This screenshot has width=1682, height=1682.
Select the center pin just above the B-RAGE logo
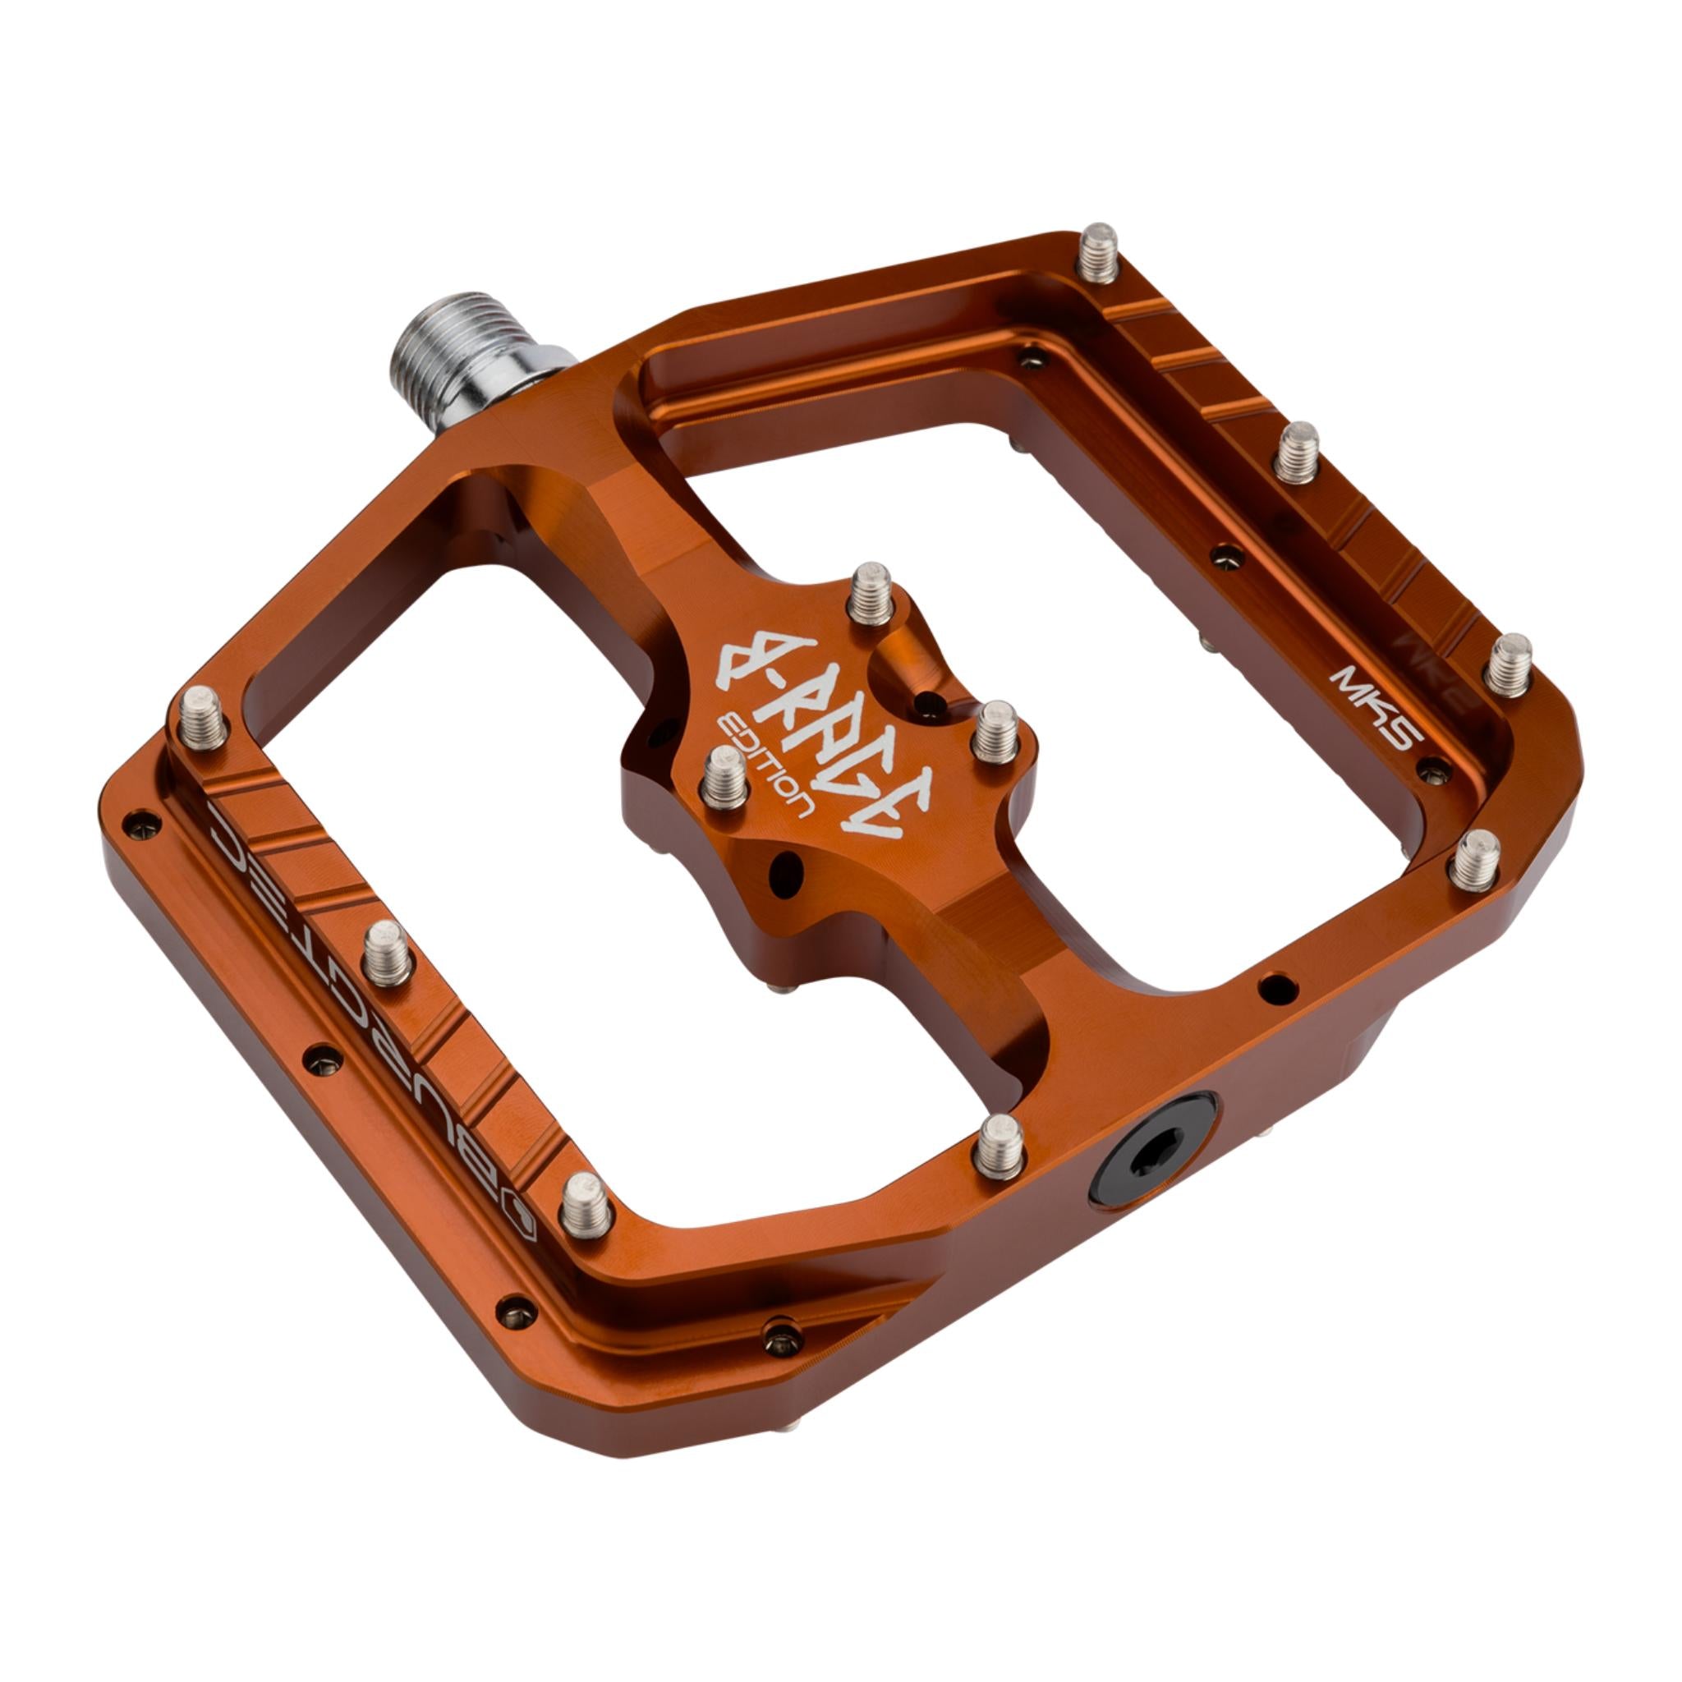tap(869, 592)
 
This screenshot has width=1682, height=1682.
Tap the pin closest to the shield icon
tap(585, 1205)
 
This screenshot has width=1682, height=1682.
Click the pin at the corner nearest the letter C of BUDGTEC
tap(203, 716)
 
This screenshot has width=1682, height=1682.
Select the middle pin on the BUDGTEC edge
tap(386, 954)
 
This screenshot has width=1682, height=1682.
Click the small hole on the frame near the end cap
tap(1276, 988)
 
